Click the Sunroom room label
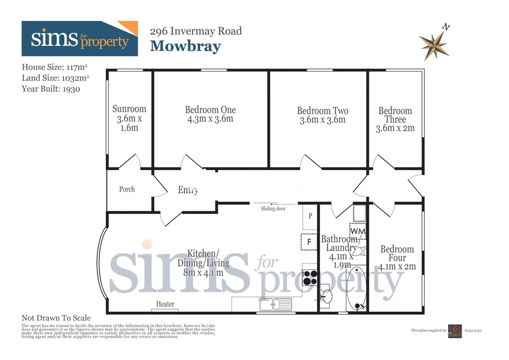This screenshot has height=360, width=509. point(129,109)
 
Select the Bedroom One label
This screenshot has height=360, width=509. point(210,110)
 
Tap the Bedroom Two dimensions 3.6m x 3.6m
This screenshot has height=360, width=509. point(323,120)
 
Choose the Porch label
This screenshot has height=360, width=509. point(127,189)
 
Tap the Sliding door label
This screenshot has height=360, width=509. point(273,209)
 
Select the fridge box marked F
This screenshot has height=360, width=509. point(309,242)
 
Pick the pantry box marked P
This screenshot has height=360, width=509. point(310,217)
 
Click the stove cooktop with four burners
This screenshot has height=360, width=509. point(310,276)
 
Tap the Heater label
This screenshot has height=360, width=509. point(165,304)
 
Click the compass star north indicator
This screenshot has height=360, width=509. point(433,43)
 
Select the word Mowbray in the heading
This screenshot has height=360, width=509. point(185,46)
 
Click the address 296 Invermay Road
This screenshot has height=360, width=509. point(196,31)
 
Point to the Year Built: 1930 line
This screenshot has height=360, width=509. point(51,89)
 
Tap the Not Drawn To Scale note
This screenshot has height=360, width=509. point(56,318)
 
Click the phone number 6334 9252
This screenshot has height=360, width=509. point(473,330)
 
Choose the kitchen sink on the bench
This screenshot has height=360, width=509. point(272,303)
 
